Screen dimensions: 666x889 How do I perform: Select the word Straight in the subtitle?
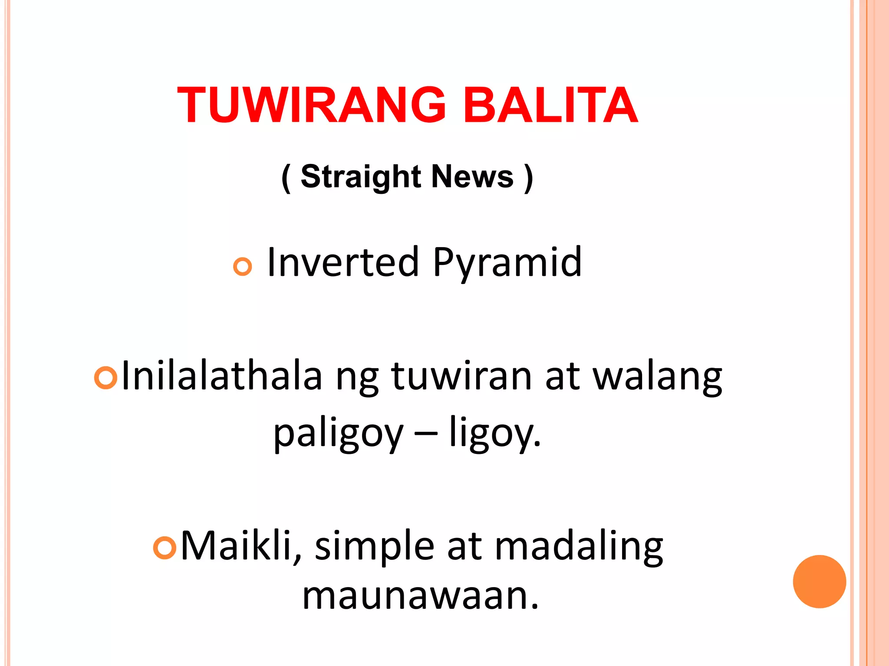coord(360,176)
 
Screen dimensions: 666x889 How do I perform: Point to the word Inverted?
coord(343,262)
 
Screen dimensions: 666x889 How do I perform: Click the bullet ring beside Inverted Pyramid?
coord(242,266)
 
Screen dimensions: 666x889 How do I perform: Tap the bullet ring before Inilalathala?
coord(106,377)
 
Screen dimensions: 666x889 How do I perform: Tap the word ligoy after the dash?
coord(495,434)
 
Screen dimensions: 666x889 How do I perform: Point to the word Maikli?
coord(241,546)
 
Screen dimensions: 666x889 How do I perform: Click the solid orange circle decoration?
coord(819,581)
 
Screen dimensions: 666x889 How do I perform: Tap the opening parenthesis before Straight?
coord(286,178)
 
